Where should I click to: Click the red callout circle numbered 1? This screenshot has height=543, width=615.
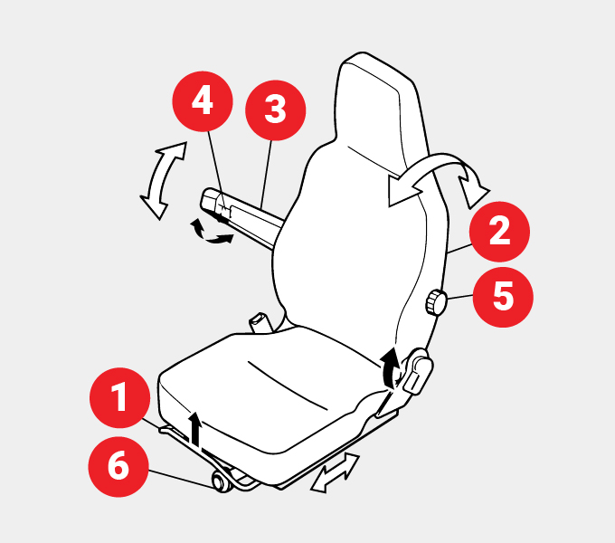(x=120, y=398)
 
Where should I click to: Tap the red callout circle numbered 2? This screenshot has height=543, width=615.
(x=499, y=232)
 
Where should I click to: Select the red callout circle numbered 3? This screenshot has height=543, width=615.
(x=275, y=110)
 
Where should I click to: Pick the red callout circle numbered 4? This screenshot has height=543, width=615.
(x=203, y=101)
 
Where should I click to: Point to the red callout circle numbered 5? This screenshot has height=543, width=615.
(x=503, y=297)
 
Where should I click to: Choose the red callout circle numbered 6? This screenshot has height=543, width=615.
(x=118, y=466)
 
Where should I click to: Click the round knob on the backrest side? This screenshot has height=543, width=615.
(x=436, y=302)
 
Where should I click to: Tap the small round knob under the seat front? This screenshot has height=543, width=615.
(x=222, y=482)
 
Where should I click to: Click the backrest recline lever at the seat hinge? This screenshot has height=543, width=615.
(x=417, y=371)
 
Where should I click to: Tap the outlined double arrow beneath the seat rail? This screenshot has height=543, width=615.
(x=336, y=472)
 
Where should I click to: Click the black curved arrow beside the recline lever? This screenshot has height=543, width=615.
(x=390, y=367)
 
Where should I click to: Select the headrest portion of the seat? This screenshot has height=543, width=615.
(x=374, y=106)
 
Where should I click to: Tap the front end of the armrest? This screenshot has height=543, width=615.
(x=210, y=201)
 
